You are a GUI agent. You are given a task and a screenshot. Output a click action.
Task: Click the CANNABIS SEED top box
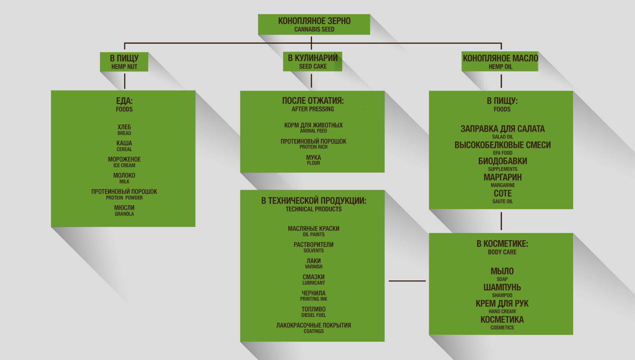tap(314, 25)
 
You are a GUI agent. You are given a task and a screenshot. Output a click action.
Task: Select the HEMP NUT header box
tap(124, 62)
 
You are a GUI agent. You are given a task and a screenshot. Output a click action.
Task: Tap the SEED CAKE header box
tap(312, 62)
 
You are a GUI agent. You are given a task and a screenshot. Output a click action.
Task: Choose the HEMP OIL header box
tap(500, 62)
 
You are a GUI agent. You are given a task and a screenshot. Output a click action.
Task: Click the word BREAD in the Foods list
tap(124, 133)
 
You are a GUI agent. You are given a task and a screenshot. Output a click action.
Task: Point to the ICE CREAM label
tap(124, 166)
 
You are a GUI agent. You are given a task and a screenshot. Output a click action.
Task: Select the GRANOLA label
tap(124, 214)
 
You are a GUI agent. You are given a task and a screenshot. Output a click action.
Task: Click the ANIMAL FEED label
tap(313, 131)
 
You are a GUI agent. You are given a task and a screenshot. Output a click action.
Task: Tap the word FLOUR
tap(313, 163)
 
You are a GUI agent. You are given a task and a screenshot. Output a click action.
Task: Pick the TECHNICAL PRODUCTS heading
tap(313, 209)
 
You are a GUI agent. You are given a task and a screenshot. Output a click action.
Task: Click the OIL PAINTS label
tap(313, 235)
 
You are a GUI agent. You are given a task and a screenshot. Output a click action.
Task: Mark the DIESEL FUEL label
tap(313, 315)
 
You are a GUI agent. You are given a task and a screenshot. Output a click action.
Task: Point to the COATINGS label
tap(313, 331)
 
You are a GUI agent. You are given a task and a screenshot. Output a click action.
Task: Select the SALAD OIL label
tap(502, 137)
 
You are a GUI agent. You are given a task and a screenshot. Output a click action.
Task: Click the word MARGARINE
tap(502, 185)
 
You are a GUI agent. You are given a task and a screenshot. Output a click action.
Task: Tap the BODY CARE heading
tap(502, 252)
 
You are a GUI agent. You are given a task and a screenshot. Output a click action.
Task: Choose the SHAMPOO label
tap(502, 295)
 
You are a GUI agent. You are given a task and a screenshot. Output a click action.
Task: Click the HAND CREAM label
tap(502, 311)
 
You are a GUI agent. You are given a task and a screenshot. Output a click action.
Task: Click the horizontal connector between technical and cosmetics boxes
tap(407, 281)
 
